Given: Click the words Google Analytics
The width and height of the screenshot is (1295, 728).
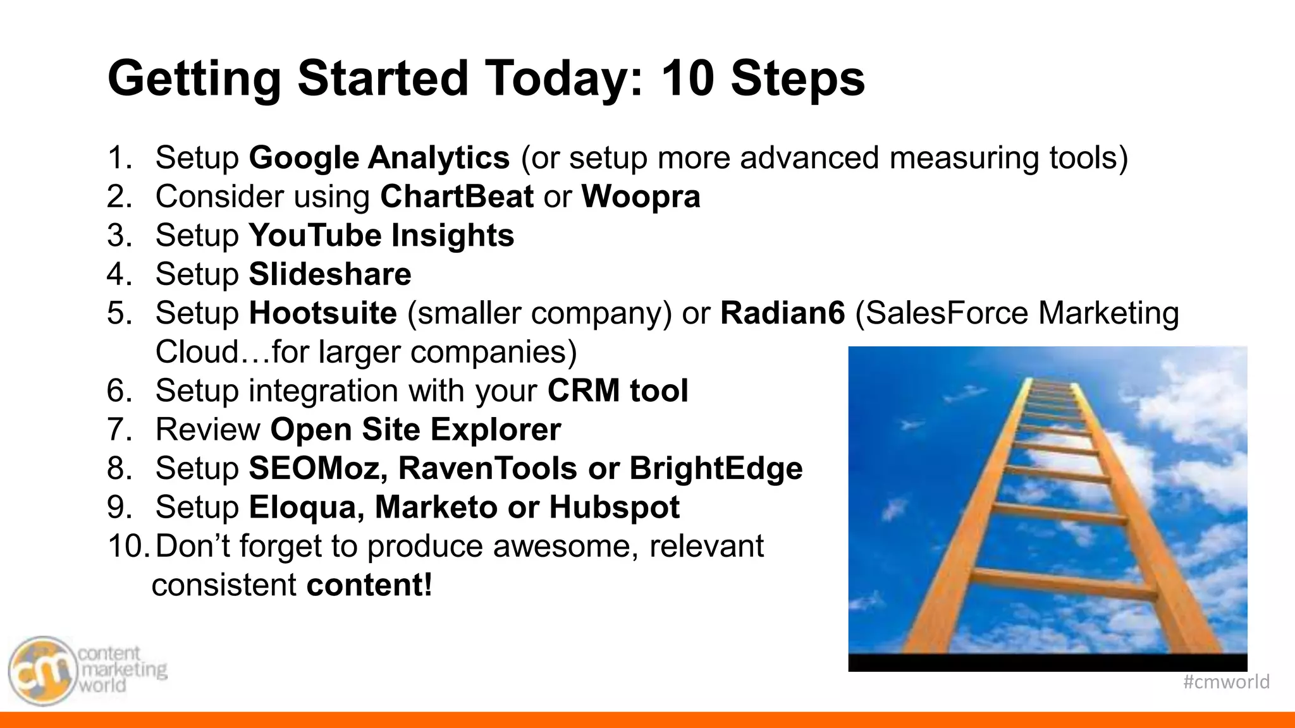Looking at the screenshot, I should pyautogui.click(x=379, y=158).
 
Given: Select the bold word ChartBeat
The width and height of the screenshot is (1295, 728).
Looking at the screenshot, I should pyautogui.click(x=457, y=197).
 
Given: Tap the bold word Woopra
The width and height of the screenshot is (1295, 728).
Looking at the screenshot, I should pyautogui.click(x=641, y=197).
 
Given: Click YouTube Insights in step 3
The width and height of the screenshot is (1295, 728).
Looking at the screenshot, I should pyautogui.click(x=381, y=236).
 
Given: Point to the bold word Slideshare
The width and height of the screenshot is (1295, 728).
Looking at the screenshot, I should pyautogui.click(x=329, y=274).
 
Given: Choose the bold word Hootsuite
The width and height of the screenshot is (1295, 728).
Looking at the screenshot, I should pyautogui.click(x=322, y=313).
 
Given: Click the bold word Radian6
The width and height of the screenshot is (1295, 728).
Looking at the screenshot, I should pyautogui.click(x=782, y=313).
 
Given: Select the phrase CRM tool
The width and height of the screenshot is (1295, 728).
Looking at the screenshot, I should pyautogui.click(x=617, y=391).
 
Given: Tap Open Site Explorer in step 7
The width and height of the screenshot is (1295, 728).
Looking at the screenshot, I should pyautogui.click(x=415, y=430).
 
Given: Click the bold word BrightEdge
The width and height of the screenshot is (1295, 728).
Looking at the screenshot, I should pyautogui.click(x=716, y=469).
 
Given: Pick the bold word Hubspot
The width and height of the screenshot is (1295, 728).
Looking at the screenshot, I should pyautogui.click(x=614, y=507).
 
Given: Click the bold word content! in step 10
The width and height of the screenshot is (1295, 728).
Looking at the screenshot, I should pyautogui.click(x=369, y=585).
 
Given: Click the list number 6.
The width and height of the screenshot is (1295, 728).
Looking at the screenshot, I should pyautogui.click(x=119, y=391).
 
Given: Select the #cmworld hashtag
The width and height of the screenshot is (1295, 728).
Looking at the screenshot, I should pyautogui.click(x=1225, y=682).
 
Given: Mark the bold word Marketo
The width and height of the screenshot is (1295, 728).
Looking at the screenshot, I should pyautogui.click(x=436, y=507).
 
